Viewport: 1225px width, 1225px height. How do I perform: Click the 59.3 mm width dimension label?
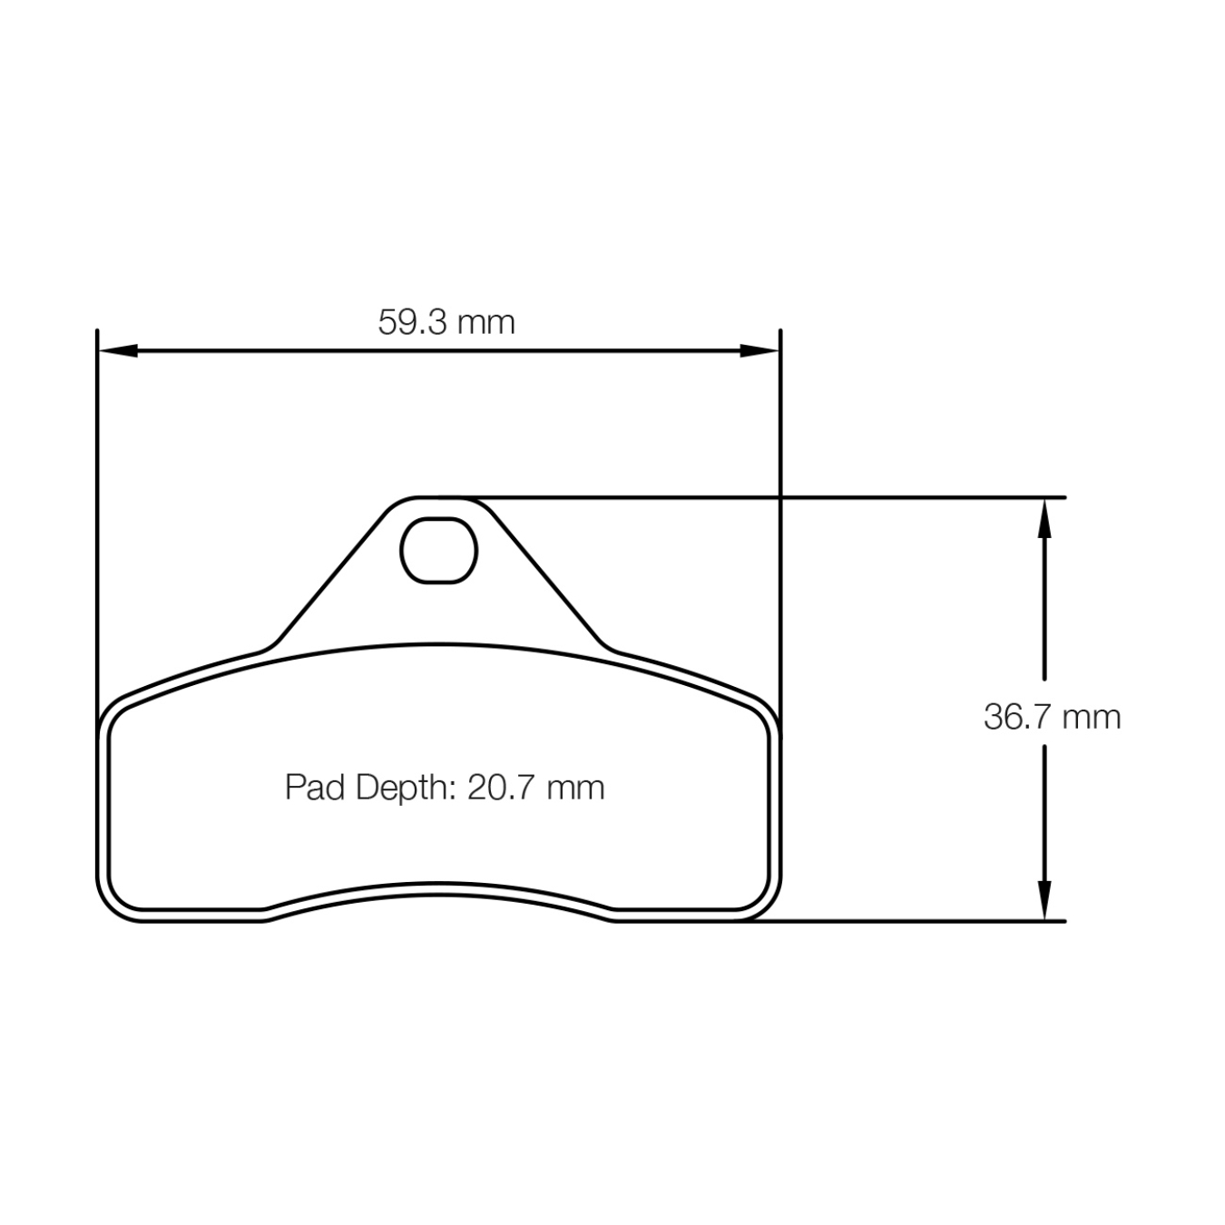tap(446, 322)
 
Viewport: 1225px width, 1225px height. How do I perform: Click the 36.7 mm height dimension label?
tap(1052, 717)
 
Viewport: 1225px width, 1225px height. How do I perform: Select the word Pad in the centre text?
tap(315, 787)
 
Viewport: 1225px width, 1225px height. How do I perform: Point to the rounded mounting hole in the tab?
tap(439, 550)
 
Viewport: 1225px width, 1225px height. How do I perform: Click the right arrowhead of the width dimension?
tap(759, 350)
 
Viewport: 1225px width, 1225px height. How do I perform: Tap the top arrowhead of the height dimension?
tap(1044, 519)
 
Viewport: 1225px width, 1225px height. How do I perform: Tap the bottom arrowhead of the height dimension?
tap(1044, 900)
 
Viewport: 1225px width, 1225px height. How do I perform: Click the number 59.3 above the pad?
tap(413, 322)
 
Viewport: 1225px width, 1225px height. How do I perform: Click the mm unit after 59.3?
tap(485, 322)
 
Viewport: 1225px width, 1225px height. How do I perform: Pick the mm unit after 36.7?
tap(1092, 717)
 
